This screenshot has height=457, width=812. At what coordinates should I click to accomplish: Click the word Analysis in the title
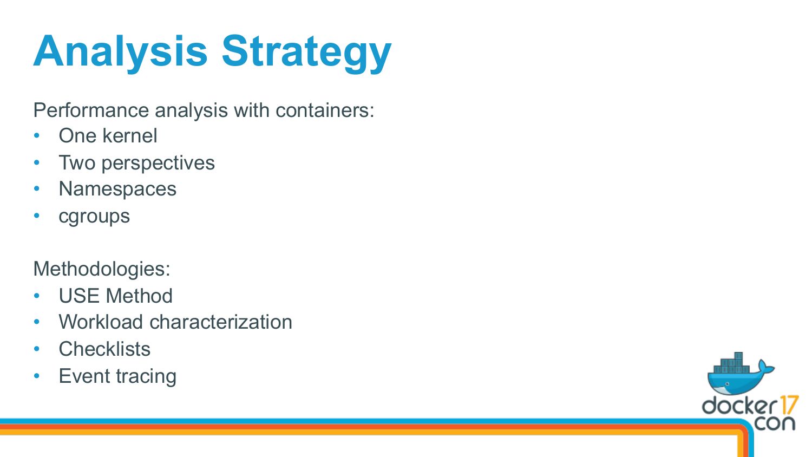click(x=120, y=53)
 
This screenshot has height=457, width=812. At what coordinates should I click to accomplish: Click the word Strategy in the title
click(x=307, y=53)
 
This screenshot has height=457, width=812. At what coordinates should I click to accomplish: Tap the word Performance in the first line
click(x=91, y=110)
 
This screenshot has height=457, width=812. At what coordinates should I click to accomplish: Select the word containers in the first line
click(x=325, y=110)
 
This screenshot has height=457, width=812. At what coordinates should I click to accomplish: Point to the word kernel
click(x=130, y=136)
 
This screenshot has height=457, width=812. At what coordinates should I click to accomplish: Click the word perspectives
click(x=158, y=164)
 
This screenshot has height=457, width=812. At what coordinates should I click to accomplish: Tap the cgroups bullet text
click(x=94, y=217)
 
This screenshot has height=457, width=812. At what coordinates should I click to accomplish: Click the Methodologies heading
click(x=102, y=269)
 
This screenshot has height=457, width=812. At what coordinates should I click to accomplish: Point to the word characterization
click(x=221, y=322)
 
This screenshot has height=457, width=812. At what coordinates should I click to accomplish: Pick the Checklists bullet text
click(x=104, y=349)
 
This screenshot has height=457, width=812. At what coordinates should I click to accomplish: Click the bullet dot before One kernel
click(x=37, y=136)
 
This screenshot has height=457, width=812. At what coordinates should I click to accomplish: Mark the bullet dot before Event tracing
click(x=37, y=376)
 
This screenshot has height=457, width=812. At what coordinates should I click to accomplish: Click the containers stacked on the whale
click(x=735, y=363)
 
